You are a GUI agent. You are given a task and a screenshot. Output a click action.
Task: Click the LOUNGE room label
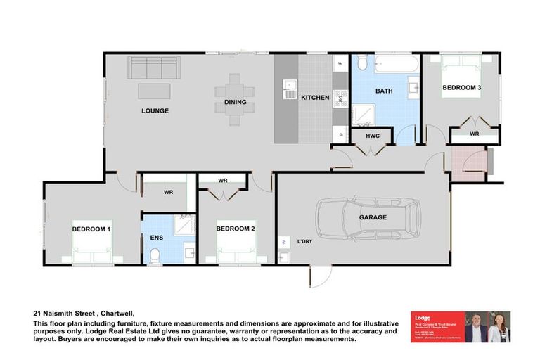155,111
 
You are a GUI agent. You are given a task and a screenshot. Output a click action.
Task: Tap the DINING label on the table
236,103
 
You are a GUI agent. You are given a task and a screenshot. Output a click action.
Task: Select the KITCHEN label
315,98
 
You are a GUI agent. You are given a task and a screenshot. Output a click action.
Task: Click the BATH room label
384,91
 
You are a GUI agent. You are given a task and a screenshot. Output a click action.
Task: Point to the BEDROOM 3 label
461,88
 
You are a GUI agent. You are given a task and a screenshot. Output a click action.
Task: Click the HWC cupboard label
372,136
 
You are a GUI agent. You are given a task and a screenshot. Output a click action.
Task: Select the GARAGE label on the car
373,218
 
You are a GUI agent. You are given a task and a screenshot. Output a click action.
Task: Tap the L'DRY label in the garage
304,242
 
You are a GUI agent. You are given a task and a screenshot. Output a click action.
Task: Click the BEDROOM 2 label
235,229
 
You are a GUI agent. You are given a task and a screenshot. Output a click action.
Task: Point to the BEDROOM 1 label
91,229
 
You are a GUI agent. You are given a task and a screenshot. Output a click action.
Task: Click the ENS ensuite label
157,238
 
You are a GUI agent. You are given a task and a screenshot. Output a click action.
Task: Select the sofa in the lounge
153,68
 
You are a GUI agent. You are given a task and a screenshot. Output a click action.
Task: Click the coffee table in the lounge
153,91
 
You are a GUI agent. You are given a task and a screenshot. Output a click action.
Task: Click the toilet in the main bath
362,64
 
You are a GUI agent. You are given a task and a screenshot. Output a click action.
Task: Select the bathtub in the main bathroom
396,65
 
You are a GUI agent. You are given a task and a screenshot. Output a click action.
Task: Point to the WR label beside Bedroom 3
475,134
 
